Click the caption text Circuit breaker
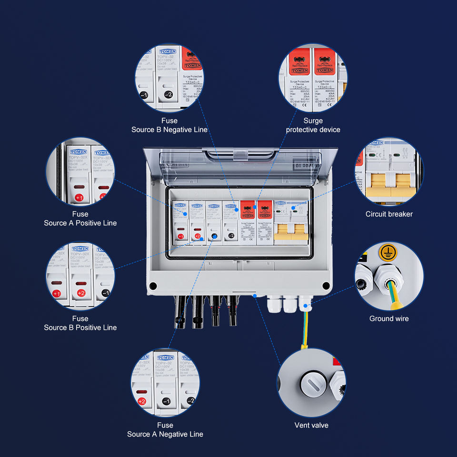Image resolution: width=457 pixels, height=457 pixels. pos(389,214)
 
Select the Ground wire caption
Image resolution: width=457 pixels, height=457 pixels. pos(389,318)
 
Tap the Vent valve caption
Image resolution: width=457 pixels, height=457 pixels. pos(311,425)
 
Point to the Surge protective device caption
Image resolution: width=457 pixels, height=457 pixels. pos(313,125)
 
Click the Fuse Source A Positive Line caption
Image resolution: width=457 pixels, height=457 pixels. pos(80,219)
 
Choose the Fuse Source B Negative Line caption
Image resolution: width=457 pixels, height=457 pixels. pos(169,125)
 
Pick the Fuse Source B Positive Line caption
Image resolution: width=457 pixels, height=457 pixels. pos(80,323)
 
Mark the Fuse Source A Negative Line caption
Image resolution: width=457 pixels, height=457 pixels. pos(165,429)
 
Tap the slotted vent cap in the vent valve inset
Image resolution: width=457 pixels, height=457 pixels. pos(310,382)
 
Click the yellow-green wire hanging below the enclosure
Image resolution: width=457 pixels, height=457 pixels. pos(304,333)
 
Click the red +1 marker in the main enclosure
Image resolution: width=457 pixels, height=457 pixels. pos(180,236)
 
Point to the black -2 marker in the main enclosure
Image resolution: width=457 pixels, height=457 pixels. pos(231,236)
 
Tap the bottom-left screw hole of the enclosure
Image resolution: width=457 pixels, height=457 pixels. pos(153,286)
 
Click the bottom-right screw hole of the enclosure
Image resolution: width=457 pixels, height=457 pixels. pos(326,286)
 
